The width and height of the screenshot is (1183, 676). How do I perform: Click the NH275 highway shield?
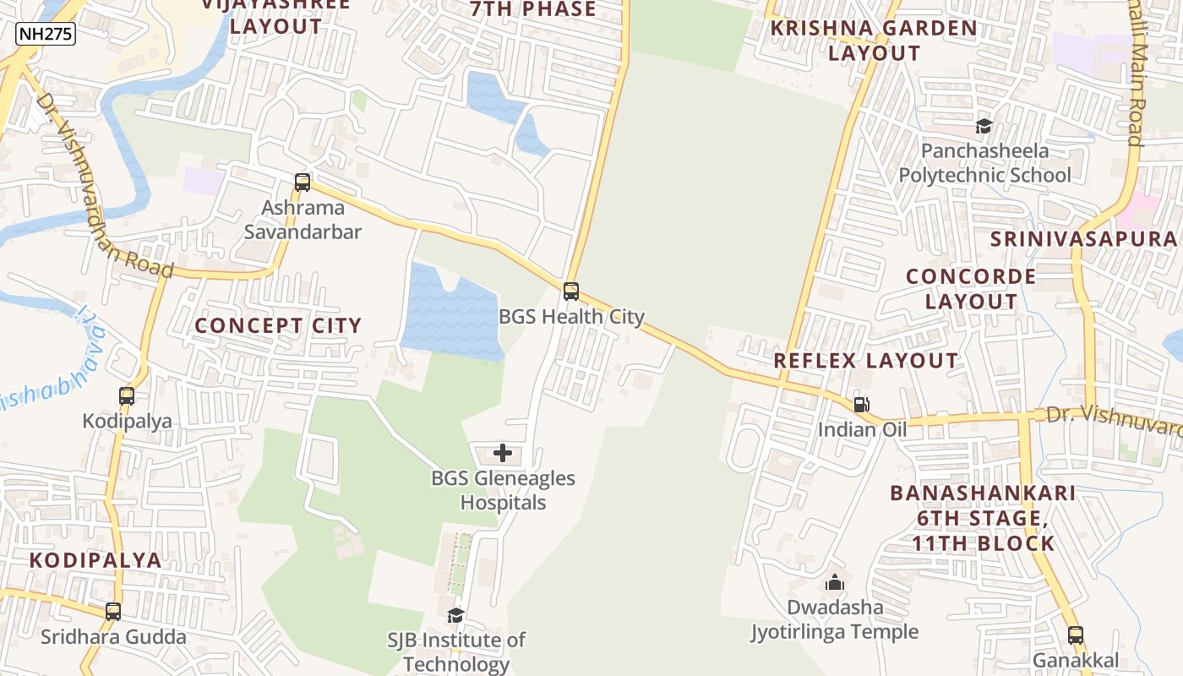pos(46,34)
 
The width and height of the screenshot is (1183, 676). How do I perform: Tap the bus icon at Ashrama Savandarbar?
pos(302,182)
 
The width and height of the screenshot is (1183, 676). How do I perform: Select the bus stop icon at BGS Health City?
pos(571,292)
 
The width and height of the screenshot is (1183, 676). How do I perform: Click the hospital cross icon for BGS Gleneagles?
pos(503,453)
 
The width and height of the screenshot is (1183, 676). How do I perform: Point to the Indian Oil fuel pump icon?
pos(861,404)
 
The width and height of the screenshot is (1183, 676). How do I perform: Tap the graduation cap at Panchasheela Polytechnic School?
pos(984,127)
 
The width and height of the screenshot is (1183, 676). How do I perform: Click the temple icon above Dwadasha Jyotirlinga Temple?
pos(835,582)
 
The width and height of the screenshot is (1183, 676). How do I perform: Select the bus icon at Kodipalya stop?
pos(127,395)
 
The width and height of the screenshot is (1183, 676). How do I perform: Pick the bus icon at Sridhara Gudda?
pos(113,611)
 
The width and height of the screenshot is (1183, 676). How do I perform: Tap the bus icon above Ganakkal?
pos(1075,635)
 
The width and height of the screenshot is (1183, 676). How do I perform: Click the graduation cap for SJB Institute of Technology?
pos(456,615)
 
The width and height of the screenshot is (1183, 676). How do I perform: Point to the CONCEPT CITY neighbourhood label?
pos(278,325)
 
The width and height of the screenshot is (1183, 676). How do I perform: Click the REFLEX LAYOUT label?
pos(866,361)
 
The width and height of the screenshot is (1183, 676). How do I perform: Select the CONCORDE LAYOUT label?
pos(971,289)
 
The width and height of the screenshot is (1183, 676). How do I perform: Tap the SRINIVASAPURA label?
pos(1086,238)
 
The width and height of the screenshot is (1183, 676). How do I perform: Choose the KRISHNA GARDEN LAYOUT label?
pos(874,40)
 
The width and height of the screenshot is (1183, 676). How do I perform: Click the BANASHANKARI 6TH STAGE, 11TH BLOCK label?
pos(983,517)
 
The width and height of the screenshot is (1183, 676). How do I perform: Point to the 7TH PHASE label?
pos(533,9)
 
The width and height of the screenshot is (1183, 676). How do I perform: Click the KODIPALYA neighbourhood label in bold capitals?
pos(95,559)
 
